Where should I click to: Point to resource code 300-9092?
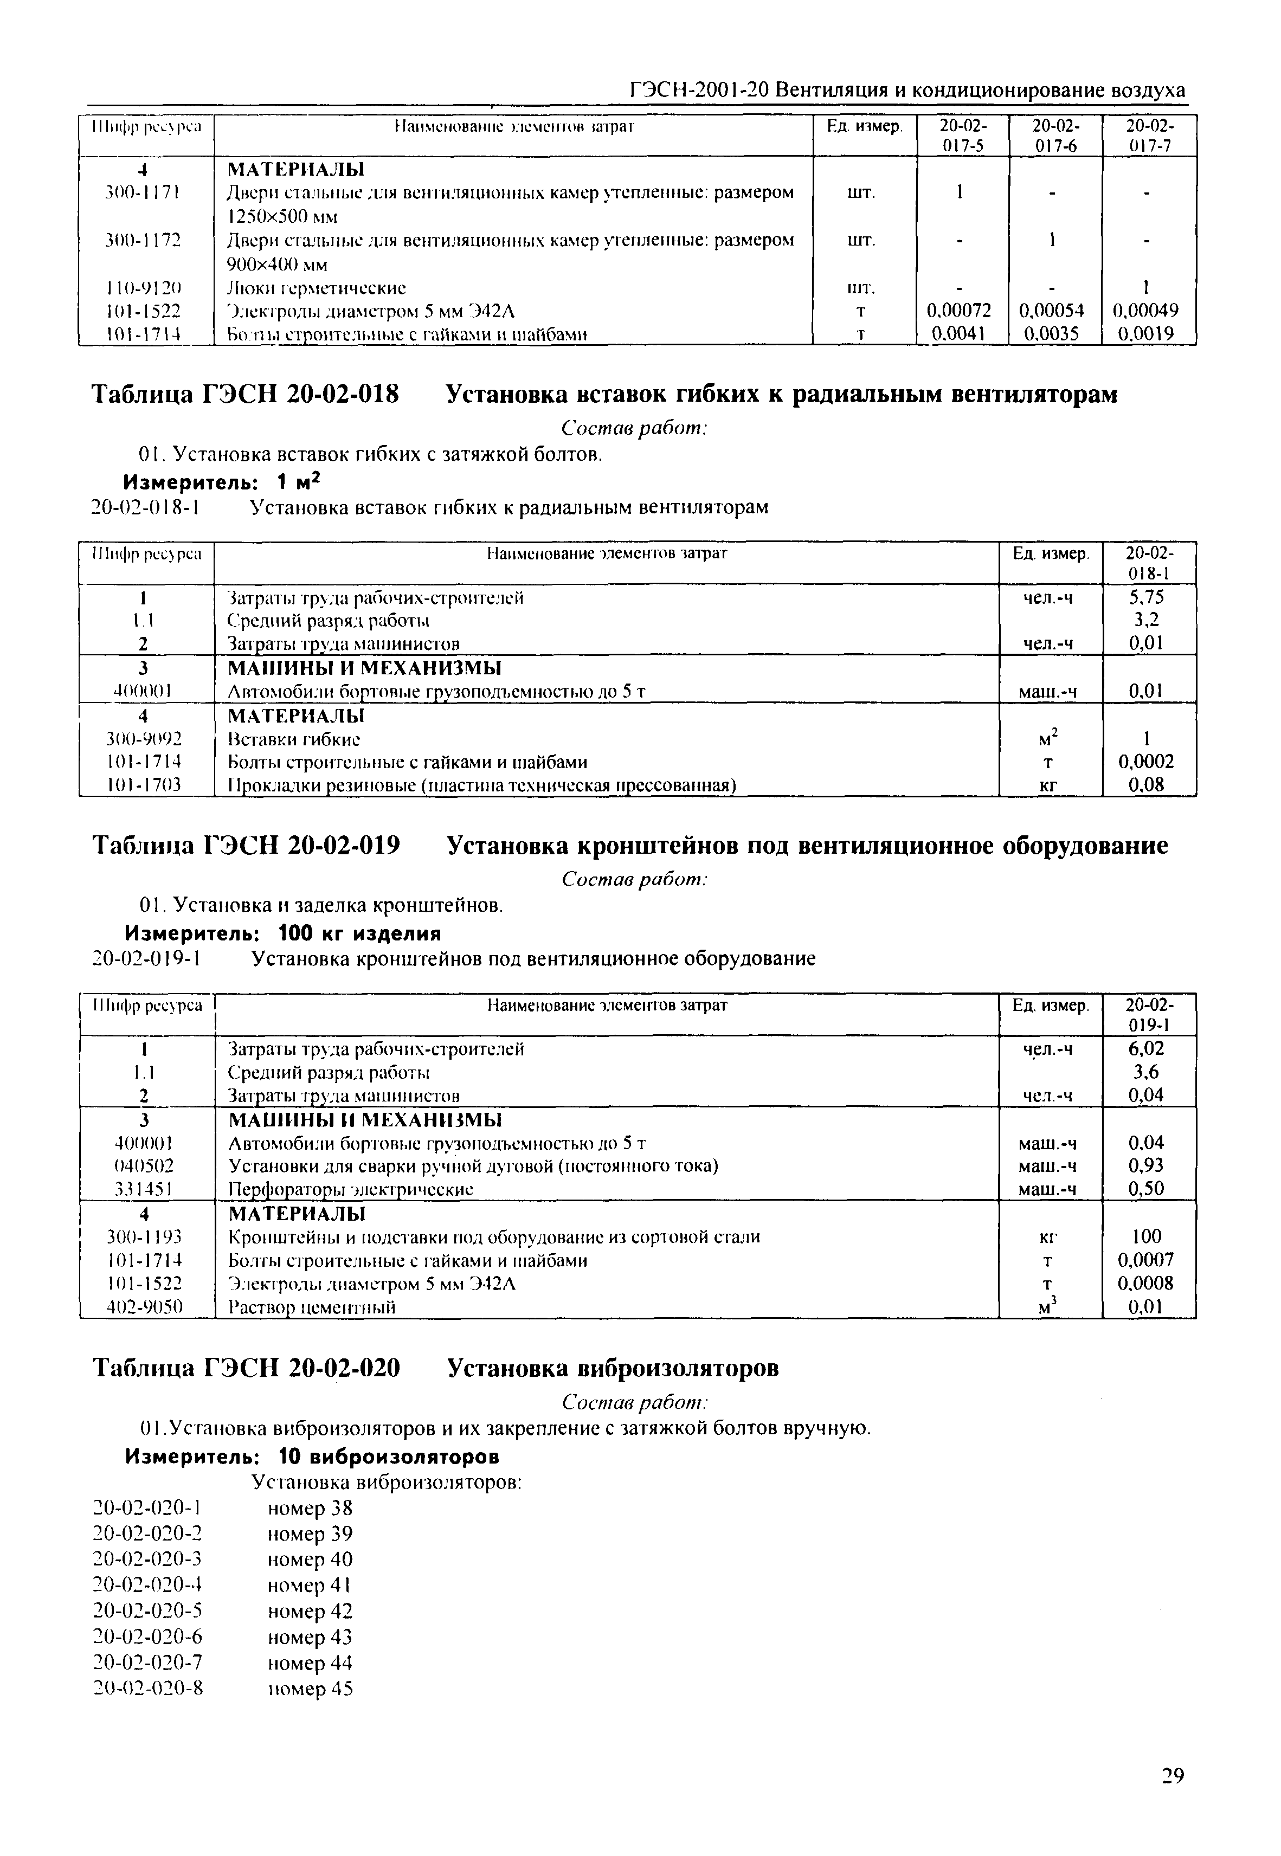click(145, 738)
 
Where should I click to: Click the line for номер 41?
click(309, 1586)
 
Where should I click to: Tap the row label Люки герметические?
click(317, 288)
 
